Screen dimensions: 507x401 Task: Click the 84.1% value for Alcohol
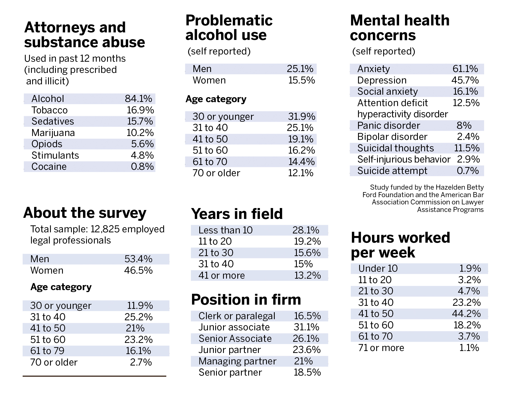tap(138, 99)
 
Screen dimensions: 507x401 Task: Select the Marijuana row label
tap(53, 133)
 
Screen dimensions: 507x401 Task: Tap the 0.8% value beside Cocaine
tap(142, 166)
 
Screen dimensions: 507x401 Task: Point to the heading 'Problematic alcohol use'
tap(229, 28)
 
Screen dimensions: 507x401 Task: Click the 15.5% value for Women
tap(302, 80)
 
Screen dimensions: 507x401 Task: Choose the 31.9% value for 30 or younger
tap(302, 116)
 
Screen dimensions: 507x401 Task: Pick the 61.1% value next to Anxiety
tap(465, 69)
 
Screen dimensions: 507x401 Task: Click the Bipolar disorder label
tap(392, 137)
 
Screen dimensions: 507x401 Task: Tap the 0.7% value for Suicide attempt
tap(468, 171)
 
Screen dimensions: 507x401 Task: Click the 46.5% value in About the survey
tap(138, 270)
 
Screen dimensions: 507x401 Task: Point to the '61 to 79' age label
tap(47, 351)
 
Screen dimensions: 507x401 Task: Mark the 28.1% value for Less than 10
tap(306, 230)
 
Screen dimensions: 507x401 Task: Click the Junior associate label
tap(234, 327)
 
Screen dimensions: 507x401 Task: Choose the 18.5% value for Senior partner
tap(307, 372)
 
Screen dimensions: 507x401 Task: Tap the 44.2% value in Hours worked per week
tap(466, 314)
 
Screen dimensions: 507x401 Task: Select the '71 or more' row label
tap(381, 348)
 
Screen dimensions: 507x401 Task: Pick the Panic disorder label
tap(388, 125)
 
